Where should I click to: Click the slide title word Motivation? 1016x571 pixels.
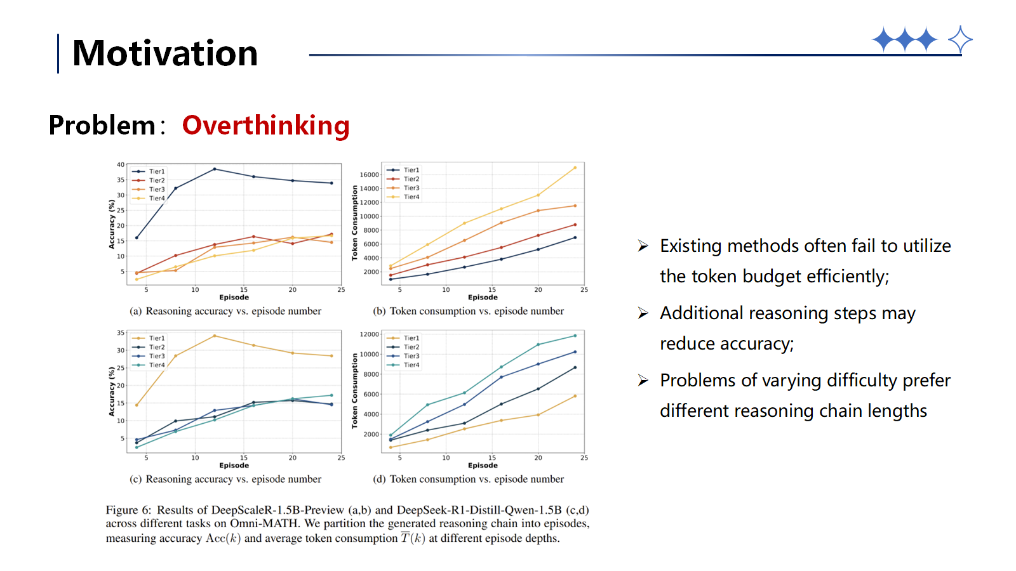click(165, 53)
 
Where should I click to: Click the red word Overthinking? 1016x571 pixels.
click(265, 126)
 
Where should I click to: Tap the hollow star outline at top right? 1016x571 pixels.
click(960, 40)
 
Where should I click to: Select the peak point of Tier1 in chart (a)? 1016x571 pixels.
click(215, 169)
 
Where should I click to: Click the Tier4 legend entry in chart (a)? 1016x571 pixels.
click(156, 199)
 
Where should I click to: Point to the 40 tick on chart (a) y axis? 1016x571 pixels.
click(121, 165)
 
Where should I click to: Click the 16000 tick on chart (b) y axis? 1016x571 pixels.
click(369, 174)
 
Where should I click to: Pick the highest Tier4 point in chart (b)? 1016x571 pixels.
click(575, 167)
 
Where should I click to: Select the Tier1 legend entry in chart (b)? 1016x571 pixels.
click(411, 170)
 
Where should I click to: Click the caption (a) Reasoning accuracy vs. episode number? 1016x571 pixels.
click(225, 312)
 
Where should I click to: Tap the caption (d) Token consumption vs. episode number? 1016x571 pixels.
click(468, 480)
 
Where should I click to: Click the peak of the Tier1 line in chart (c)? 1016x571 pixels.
click(215, 336)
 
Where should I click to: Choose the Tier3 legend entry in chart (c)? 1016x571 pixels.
click(156, 357)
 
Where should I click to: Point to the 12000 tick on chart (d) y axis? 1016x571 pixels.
click(369, 334)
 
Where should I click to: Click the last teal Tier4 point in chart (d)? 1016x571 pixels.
click(575, 336)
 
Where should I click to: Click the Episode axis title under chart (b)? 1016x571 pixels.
click(483, 298)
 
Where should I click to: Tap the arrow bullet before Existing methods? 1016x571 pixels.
click(643, 246)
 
